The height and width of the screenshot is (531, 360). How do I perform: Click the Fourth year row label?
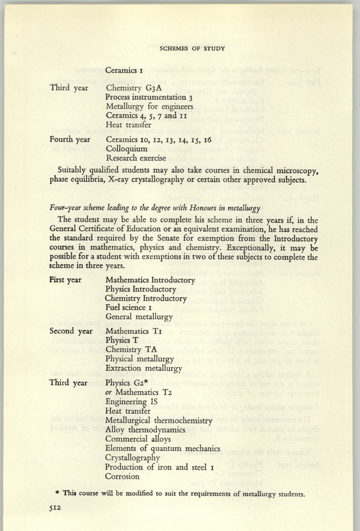point(70,139)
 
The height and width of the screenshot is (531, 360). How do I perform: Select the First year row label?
point(65,280)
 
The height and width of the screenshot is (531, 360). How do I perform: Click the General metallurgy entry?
point(139,317)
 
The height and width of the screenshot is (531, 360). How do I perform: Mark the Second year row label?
point(70,331)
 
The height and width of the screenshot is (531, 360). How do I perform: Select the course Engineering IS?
point(131,401)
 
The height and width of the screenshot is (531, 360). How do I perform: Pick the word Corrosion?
point(122,476)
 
